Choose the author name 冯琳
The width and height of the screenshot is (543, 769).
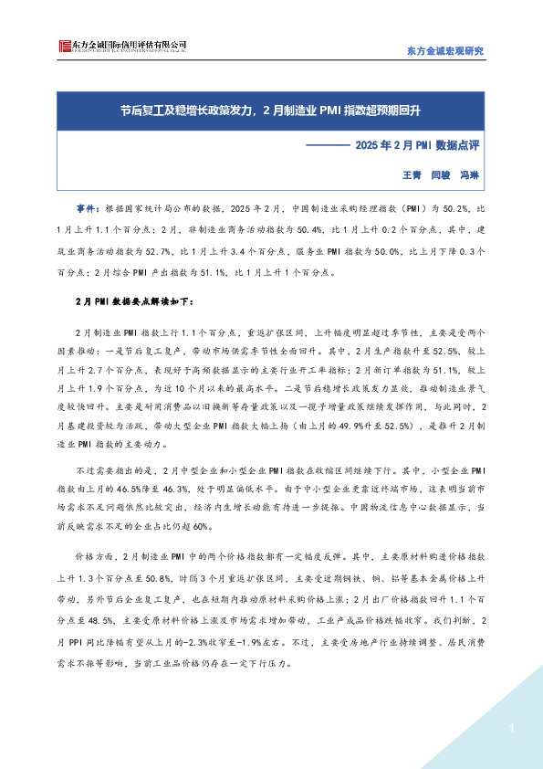[469, 174]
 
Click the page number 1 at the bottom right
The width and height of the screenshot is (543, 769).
[513, 728]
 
